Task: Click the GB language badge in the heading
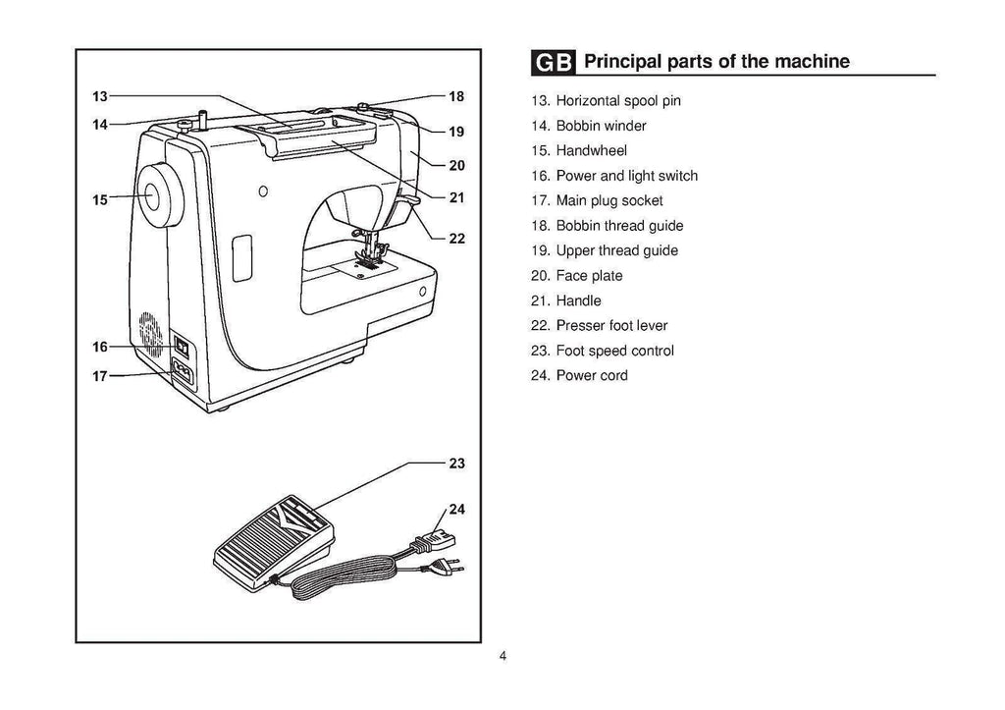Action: pyautogui.click(x=555, y=62)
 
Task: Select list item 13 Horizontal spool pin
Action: pyautogui.click(x=605, y=101)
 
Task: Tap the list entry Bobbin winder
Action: pyautogui.click(x=587, y=126)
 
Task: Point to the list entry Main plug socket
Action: pyautogui.click(x=596, y=200)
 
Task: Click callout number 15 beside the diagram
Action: pyautogui.click(x=100, y=200)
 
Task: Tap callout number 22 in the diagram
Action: pyautogui.click(x=456, y=238)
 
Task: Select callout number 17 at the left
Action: pyautogui.click(x=100, y=376)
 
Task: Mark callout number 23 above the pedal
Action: pyautogui.click(x=456, y=464)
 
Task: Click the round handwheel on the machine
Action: pyautogui.click(x=157, y=194)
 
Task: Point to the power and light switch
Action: pyautogui.click(x=181, y=346)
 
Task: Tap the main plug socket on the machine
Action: pyautogui.click(x=183, y=371)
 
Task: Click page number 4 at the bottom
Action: pyautogui.click(x=502, y=657)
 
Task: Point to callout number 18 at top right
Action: pyautogui.click(x=456, y=97)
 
